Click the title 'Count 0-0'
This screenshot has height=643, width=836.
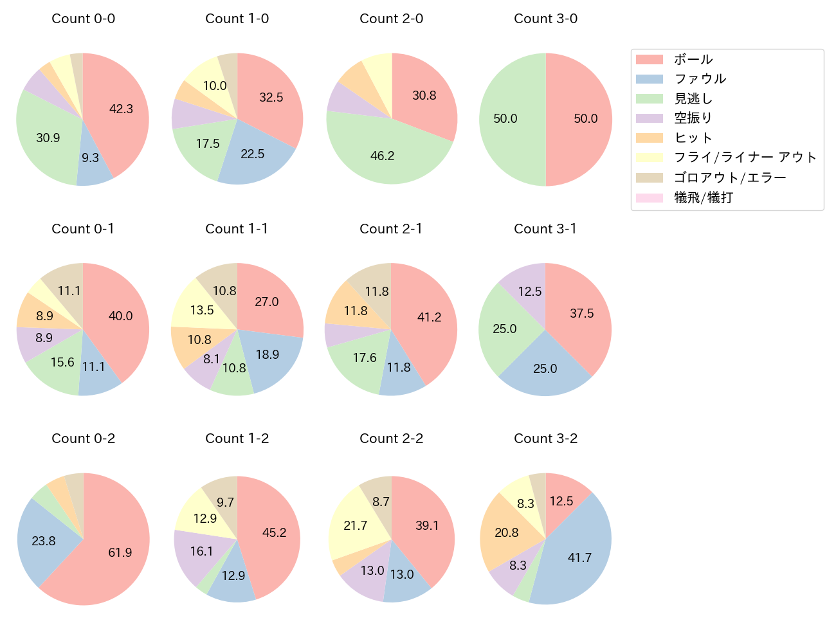(83, 19)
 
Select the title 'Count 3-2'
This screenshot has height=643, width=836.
(545, 439)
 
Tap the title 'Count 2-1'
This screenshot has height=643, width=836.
(391, 229)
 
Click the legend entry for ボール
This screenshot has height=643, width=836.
(693, 59)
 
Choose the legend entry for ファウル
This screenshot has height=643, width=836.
(700, 79)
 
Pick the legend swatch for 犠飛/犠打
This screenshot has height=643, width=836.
(649, 198)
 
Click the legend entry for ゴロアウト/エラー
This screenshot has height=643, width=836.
(729, 177)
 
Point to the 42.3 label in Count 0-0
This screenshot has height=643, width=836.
(121, 109)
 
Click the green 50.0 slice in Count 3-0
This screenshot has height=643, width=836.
(505, 119)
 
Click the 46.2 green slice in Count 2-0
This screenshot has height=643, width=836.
(383, 156)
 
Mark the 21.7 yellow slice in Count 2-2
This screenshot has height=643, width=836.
(355, 525)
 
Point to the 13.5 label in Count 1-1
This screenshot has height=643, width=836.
(202, 310)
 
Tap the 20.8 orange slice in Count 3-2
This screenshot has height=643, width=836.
(507, 532)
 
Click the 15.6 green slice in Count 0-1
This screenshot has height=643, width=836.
(62, 362)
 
